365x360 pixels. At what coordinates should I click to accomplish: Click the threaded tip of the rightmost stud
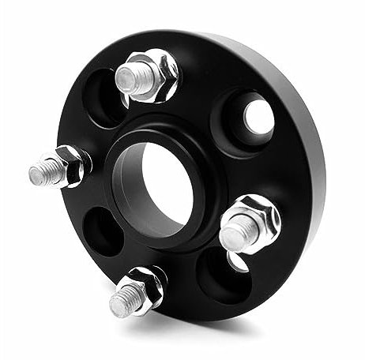(236, 232)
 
